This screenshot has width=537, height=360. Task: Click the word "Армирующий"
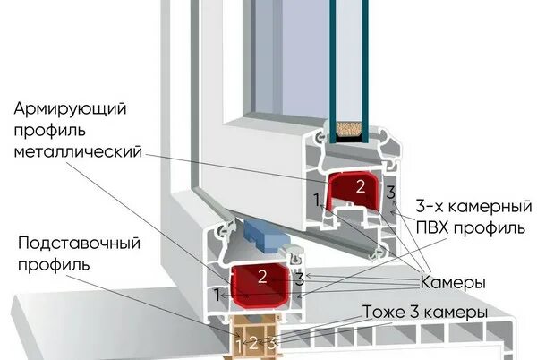coord(70,108)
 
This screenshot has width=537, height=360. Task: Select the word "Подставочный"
coord(70,244)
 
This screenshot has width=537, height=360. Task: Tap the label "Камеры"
coord(452,282)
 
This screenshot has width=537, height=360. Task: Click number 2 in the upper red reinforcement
coord(359,187)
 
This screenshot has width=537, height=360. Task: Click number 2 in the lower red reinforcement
coord(262,276)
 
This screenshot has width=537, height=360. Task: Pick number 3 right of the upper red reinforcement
coord(389,193)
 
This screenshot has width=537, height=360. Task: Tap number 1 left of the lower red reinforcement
coord(217,292)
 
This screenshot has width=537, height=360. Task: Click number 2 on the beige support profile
coord(253,341)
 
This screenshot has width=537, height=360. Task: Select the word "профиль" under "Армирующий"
coord(47,130)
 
